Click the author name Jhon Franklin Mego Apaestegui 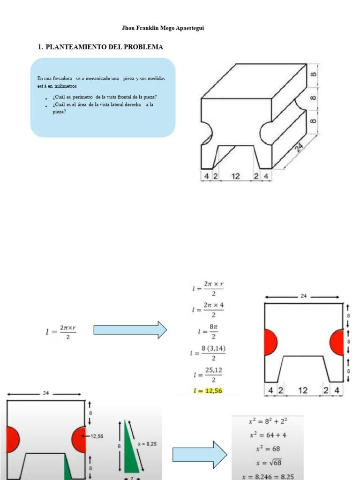point(163,28)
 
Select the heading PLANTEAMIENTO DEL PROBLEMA point(104,47)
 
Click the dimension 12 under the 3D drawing point(235,176)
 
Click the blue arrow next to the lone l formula point(130,330)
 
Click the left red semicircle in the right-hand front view point(270,342)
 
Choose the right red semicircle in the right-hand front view point(337,342)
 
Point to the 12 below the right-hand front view point(303,390)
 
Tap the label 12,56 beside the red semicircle point(97,436)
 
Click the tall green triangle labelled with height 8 point(129,445)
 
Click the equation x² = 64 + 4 point(267,435)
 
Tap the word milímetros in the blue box point(65,86)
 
